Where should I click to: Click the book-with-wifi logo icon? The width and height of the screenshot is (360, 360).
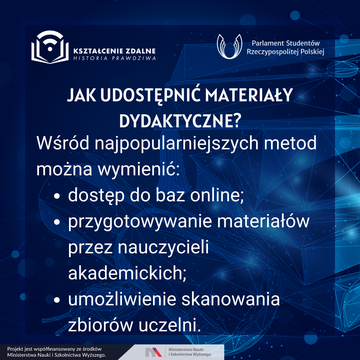click(x=50, y=47)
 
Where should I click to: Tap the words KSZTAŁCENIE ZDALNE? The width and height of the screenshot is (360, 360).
click(x=114, y=51)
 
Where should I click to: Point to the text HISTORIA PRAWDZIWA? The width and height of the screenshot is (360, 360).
click(x=115, y=58)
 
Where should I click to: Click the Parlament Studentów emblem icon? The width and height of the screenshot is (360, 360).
click(x=229, y=46)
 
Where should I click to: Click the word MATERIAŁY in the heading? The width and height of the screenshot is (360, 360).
click(x=249, y=95)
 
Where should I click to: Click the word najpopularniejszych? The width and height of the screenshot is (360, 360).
click(x=177, y=144)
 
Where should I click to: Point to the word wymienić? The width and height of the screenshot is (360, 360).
click(x=139, y=169)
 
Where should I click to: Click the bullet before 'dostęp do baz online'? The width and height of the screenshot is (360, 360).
click(x=57, y=196)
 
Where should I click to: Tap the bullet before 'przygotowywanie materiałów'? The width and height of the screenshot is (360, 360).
click(x=57, y=222)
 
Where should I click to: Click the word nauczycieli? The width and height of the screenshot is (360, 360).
click(x=163, y=247)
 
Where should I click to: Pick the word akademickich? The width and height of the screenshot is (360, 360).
click(x=127, y=273)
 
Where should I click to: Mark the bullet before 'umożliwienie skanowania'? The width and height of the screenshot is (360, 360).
click(x=57, y=300)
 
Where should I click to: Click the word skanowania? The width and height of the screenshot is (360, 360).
click(x=231, y=299)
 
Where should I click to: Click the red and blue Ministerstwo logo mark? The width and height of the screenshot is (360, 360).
click(x=153, y=352)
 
